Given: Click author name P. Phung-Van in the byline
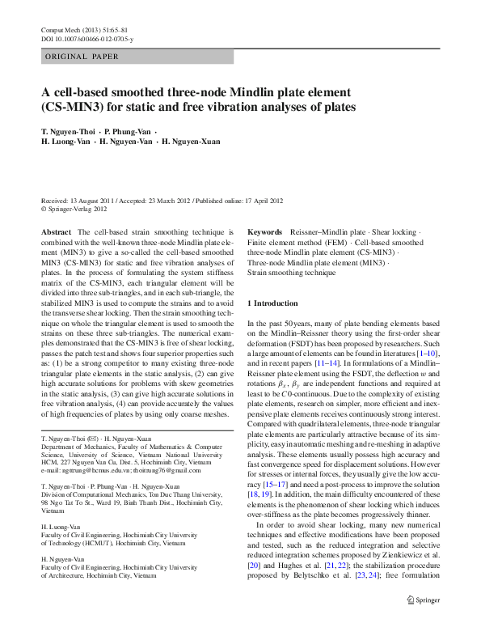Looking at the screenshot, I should [129, 131].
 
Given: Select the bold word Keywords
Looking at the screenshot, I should [264, 231].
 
